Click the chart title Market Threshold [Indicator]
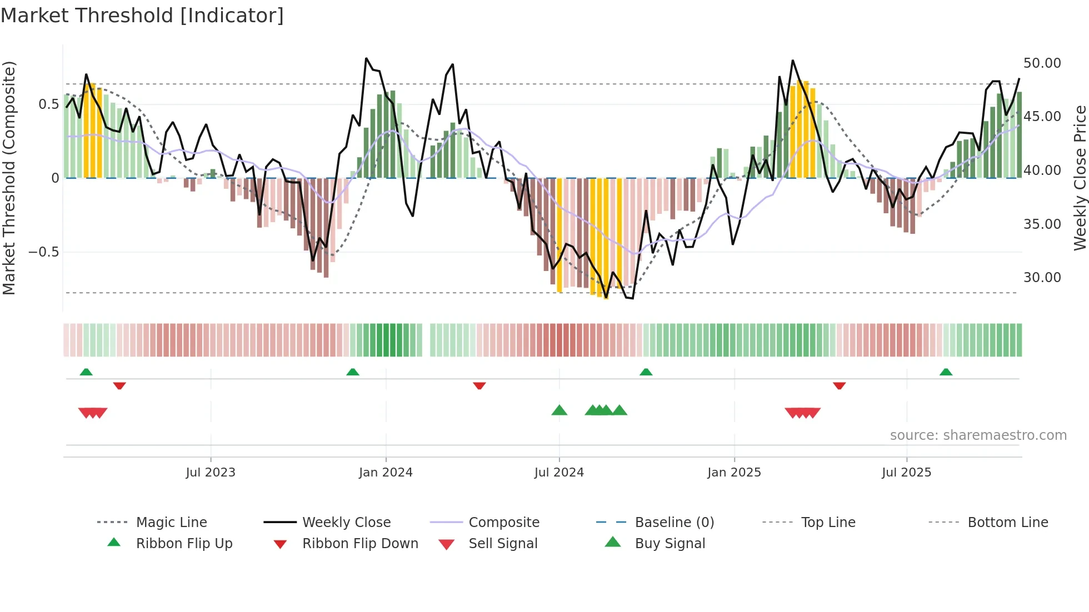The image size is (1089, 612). pyautogui.click(x=142, y=16)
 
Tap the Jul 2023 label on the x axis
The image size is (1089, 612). pyautogui.click(x=211, y=473)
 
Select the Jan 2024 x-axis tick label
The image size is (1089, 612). pyautogui.click(x=386, y=473)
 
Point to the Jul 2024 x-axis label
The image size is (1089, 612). pyautogui.click(x=559, y=473)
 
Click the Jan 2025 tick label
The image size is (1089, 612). pyautogui.click(x=734, y=473)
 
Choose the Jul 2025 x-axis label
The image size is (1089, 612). pyautogui.click(x=906, y=473)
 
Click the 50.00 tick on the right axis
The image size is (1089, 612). pyautogui.click(x=1042, y=63)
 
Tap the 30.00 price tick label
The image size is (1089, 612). pyautogui.click(x=1042, y=278)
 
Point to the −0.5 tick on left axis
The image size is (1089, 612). pyautogui.click(x=43, y=252)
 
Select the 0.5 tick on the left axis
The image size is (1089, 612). pyautogui.click(x=48, y=104)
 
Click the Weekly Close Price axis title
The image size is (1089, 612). pyautogui.click(x=1080, y=178)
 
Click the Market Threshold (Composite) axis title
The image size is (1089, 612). pyautogui.click(x=9, y=178)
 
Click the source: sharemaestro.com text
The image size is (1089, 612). pyautogui.click(x=978, y=435)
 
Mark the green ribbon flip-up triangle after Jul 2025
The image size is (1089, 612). pyautogui.click(x=946, y=372)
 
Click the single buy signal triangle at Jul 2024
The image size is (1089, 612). pyautogui.click(x=559, y=410)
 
